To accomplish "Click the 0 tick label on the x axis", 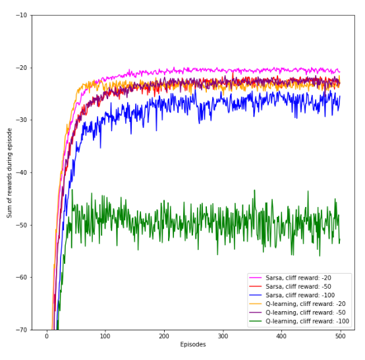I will [47, 336].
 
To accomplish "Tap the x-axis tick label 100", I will [105, 336].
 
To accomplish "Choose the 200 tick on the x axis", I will [164, 336].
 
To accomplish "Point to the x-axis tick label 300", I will [223, 336].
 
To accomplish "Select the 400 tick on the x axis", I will [281, 336].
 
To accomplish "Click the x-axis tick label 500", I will [340, 336].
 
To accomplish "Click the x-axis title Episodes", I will [193, 345].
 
